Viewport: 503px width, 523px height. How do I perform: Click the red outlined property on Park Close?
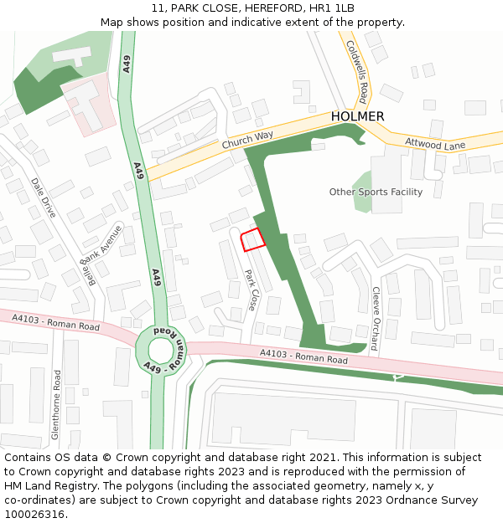252,239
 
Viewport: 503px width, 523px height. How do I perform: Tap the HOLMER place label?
357,116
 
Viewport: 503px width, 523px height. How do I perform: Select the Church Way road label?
247,140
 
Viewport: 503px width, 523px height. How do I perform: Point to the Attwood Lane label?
435,145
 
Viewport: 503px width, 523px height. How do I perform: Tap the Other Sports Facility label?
376,192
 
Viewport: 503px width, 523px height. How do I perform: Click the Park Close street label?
249,290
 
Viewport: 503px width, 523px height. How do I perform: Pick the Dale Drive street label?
43,197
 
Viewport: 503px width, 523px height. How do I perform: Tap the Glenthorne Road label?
56,405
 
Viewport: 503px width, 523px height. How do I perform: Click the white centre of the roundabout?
160,350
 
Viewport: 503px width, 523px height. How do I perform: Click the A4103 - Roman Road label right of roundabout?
303,356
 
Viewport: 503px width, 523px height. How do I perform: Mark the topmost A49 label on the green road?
127,64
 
